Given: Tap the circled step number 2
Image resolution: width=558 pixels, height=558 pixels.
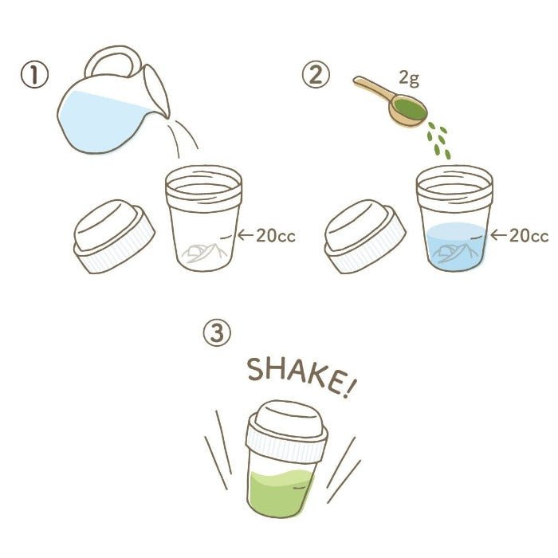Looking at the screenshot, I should pyautogui.click(x=315, y=77).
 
